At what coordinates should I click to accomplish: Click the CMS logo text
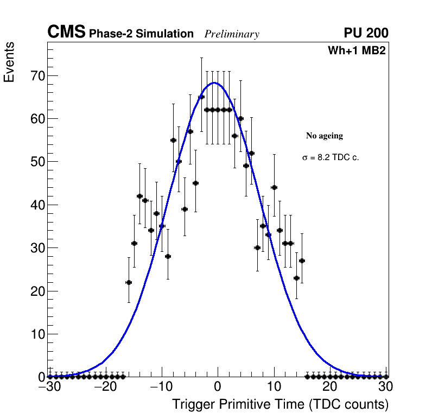tap(66, 33)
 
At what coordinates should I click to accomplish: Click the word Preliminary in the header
tap(232, 34)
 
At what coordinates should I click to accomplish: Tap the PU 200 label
tap(366, 33)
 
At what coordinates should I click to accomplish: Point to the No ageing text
tap(325, 136)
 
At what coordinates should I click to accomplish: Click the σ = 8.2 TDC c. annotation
tap(331, 157)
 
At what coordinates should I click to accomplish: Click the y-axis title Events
tap(9, 62)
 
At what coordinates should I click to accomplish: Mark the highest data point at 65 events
tap(201, 97)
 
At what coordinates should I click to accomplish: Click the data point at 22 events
tap(129, 282)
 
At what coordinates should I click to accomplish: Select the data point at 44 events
tap(274, 187)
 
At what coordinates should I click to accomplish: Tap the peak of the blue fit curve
tap(214, 83)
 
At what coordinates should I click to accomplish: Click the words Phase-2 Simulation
tap(141, 34)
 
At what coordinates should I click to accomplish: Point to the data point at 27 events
tap(302, 261)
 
